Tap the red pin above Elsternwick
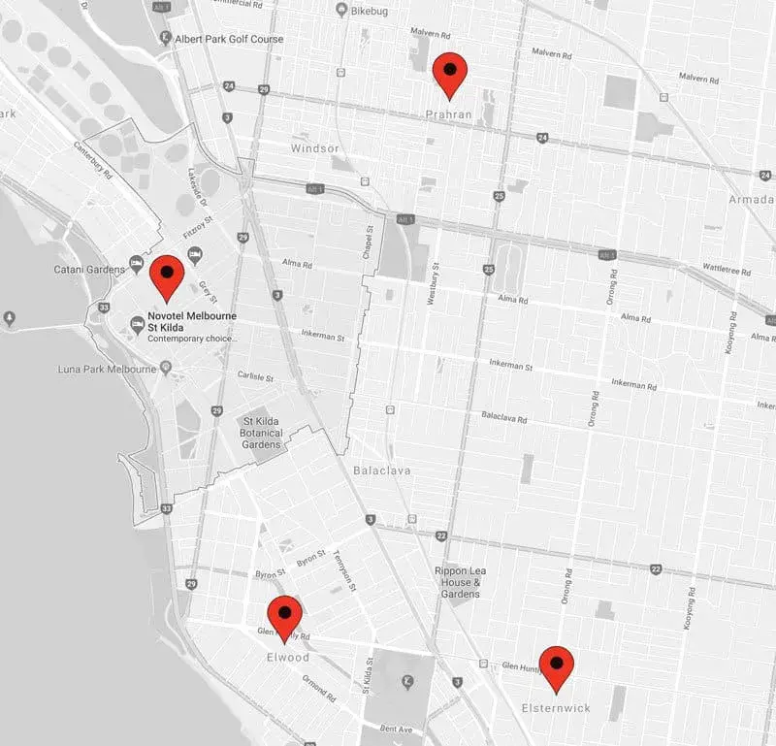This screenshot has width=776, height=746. point(557,667)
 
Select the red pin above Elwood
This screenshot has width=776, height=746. point(284,618)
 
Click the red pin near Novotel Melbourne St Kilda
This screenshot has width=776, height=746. point(167,276)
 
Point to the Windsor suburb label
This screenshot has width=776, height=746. point(315,148)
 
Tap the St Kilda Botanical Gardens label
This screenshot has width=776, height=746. point(261,433)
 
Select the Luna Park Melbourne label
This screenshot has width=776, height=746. point(107,370)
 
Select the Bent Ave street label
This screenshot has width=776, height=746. point(397,728)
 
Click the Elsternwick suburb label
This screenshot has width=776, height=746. point(555,708)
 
